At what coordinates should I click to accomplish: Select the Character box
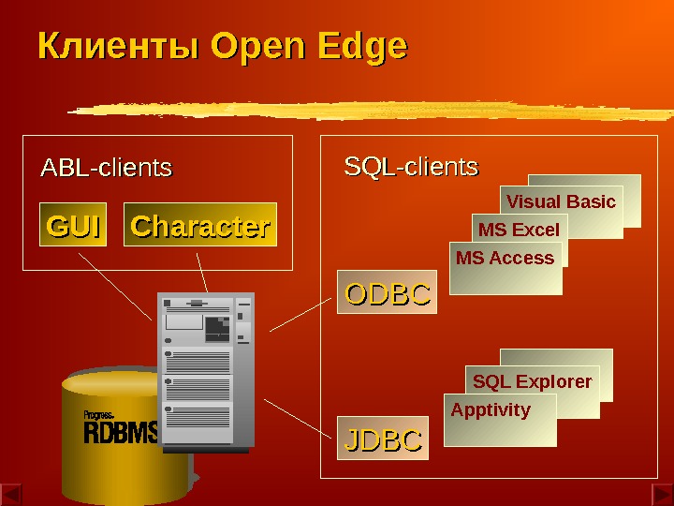click(200, 225)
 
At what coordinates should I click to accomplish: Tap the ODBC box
click(388, 292)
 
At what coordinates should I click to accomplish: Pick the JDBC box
click(384, 439)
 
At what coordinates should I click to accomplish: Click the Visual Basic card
click(561, 201)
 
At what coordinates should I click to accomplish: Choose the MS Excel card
click(519, 230)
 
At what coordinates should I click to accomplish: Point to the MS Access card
click(505, 260)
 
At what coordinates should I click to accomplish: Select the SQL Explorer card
click(532, 381)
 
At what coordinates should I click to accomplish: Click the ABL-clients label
click(106, 169)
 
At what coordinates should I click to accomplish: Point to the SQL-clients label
click(411, 168)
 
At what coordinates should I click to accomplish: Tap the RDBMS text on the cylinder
click(121, 433)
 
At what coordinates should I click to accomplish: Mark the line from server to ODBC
click(302, 312)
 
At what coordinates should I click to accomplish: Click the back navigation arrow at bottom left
click(11, 494)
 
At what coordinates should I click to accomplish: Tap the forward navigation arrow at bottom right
click(661, 494)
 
